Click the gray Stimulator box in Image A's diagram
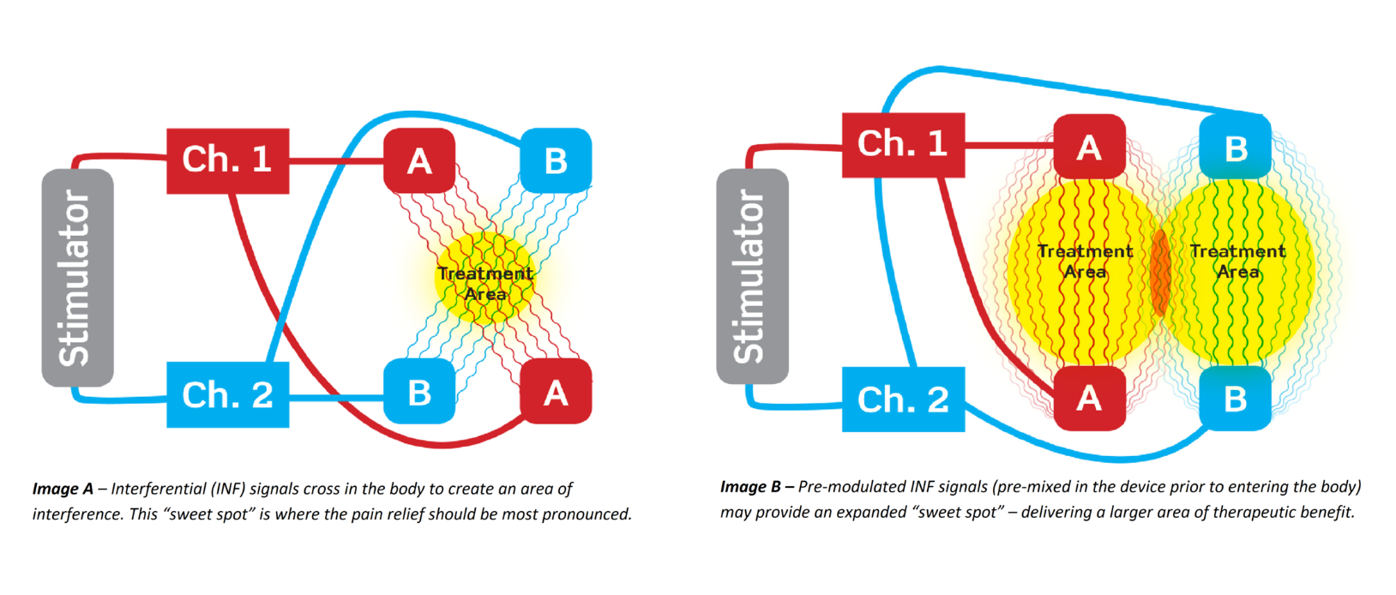tap(77, 278)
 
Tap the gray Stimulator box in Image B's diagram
tap(752, 277)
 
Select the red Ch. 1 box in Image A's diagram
tap(227, 160)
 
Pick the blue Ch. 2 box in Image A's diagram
tap(227, 394)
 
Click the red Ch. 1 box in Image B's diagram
tap(903, 145)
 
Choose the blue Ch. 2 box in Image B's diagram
tap(903, 400)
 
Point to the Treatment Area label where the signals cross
tap(485, 284)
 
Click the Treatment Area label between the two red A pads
tap(1085, 261)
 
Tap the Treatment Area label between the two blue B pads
tap(1237, 261)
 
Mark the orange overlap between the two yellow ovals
tap(1160, 272)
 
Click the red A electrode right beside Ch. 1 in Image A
tap(419, 160)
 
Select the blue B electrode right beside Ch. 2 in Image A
tap(419, 392)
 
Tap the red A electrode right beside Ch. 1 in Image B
tap(1089, 147)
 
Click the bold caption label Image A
tap(63, 489)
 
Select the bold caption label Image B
tap(750, 487)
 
